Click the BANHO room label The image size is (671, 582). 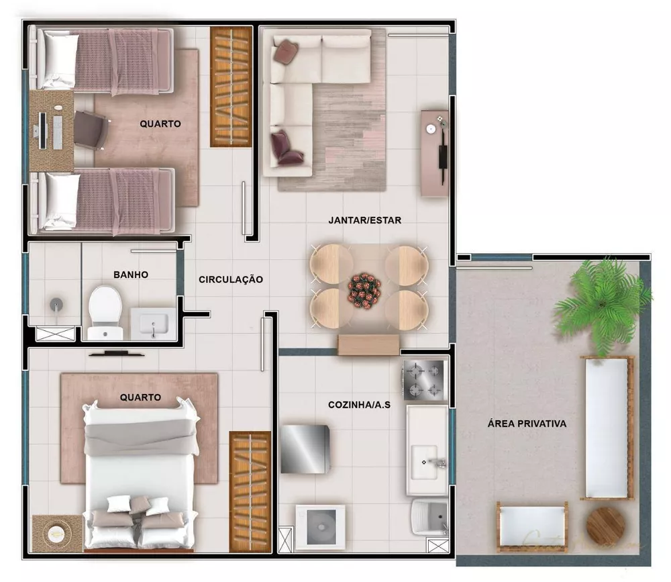tap(131, 275)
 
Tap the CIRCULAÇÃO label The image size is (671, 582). tap(230, 279)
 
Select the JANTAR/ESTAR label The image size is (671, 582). tap(364, 220)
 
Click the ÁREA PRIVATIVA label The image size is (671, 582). tap(527, 424)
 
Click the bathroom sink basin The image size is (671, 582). tap(153, 324)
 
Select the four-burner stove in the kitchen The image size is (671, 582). tap(424, 379)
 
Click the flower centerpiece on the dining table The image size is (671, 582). tap(364, 289)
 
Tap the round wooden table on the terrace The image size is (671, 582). tap(605, 525)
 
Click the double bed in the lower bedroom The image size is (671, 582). tap(141, 470)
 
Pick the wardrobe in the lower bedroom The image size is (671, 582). tap(250, 491)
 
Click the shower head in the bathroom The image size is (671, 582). tap(56, 304)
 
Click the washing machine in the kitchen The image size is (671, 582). tap(320, 526)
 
